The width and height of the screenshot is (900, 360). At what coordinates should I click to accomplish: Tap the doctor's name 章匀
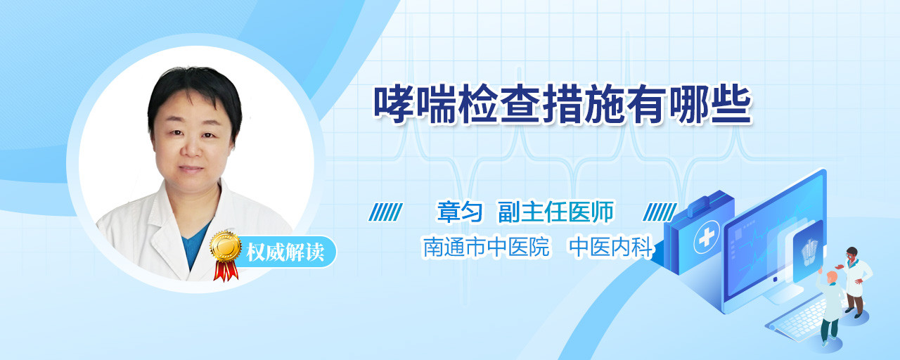(460, 212)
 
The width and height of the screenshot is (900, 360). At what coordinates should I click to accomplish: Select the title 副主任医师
(555, 212)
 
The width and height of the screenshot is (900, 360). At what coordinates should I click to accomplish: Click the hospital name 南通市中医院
(486, 247)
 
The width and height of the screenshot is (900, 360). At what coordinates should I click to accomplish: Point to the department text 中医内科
(611, 247)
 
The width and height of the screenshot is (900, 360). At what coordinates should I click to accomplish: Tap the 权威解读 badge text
(285, 252)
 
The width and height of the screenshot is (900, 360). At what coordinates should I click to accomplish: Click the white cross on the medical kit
(707, 237)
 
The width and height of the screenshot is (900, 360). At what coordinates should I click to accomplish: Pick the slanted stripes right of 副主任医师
(660, 212)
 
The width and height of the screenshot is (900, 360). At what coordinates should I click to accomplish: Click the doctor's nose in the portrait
(191, 148)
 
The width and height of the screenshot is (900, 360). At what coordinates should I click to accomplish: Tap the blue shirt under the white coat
(195, 244)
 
